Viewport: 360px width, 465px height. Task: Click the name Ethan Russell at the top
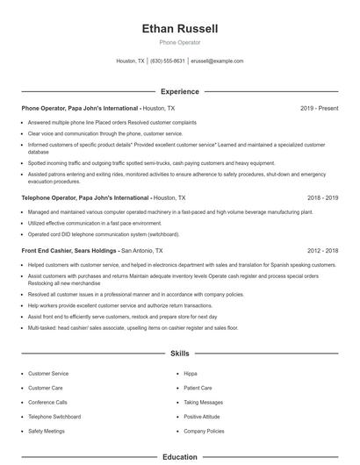[x=179, y=28]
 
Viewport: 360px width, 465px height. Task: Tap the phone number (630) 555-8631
[x=167, y=61]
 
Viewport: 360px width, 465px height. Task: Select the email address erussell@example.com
[x=217, y=61]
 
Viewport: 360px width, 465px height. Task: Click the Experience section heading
[x=179, y=91]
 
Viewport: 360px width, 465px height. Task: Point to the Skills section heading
[x=179, y=353]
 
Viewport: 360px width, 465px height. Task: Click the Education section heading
[x=179, y=456]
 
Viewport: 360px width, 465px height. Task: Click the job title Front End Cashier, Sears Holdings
[x=69, y=250]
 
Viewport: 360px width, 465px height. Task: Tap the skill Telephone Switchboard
[x=54, y=417]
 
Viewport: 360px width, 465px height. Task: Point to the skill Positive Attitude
[x=202, y=417]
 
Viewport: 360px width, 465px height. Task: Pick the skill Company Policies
[x=204, y=431]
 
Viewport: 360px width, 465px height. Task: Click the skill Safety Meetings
[x=46, y=431]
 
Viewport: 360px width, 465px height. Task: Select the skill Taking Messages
[x=203, y=402]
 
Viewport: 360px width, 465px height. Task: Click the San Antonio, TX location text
[x=148, y=250]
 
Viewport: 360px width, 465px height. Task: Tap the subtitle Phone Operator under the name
[x=179, y=42]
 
